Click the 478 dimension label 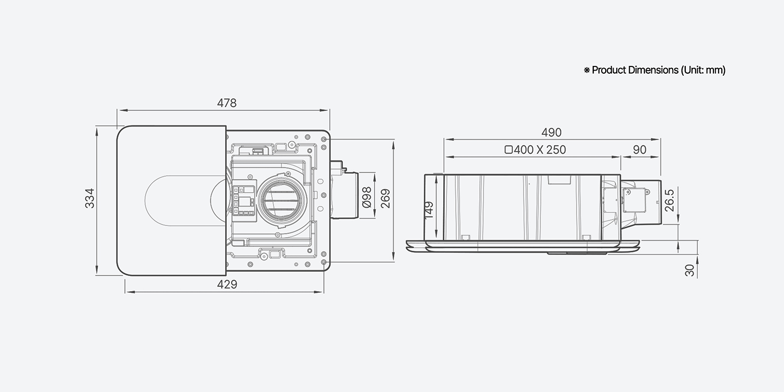pos(227,103)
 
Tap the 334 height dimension pos(90,199)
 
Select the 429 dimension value pos(227,284)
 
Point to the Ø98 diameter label pos(366,198)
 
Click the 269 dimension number pos(385,199)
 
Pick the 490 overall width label pos(551,132)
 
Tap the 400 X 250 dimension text pos(540,150)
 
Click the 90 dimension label pos(639,150)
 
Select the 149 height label pos(429,210)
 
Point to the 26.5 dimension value pos(669,201)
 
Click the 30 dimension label pos(689,270)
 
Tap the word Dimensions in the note pos(653,70)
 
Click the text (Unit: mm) pos(703,71)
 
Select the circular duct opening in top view pos(282,201)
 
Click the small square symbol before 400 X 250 pos(509,150)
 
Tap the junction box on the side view pos(634,201)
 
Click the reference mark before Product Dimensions pos(586,71)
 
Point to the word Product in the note pos(609,70)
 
